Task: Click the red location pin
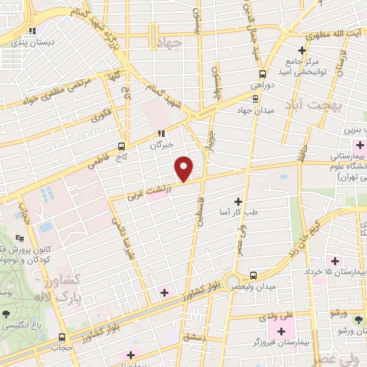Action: pos(184,169)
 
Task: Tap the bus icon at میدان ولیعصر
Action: pos(253,275)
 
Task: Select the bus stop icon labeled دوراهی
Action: pos(262,75)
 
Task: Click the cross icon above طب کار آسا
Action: pos(238,203)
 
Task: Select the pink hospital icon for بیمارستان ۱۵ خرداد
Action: pos(333,259)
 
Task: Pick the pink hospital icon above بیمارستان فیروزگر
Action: pos(281,331)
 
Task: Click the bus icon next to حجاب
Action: pos(62,337)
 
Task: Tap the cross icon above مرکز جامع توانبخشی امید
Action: pos(302,50)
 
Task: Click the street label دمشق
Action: pos(194,336)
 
